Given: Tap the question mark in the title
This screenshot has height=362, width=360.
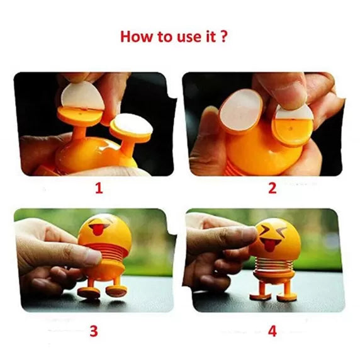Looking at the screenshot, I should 224,36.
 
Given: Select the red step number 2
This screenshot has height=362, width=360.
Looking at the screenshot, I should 272,188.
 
